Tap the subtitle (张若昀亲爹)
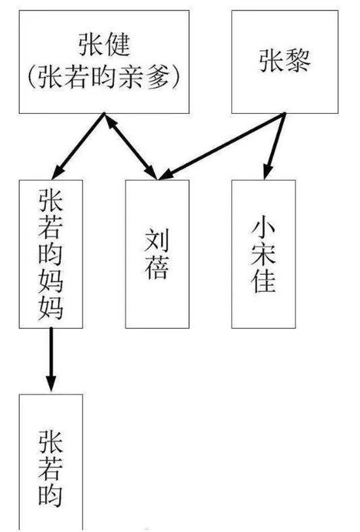pos(103,77)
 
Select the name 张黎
pos(285,61)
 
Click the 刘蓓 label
pos(156,254)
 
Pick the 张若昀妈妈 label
pos(50,254)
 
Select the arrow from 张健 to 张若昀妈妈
pos(78,146)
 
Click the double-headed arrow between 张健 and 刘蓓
pos(131,146)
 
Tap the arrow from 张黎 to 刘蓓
pos(222,146)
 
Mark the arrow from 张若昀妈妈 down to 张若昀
pos(51,359)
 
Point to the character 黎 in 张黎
pos(298,61)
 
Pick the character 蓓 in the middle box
pos(156,268)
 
